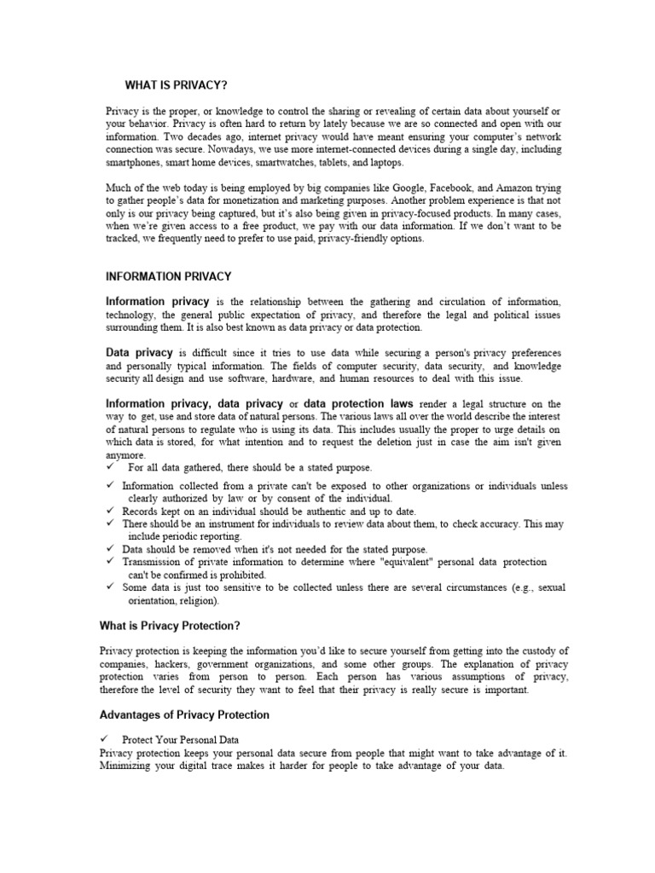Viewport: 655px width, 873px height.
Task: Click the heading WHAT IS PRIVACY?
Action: coord(176,84)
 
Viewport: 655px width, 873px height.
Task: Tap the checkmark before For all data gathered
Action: coord(111,467)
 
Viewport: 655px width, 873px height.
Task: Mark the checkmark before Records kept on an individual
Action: coord(111,512)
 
